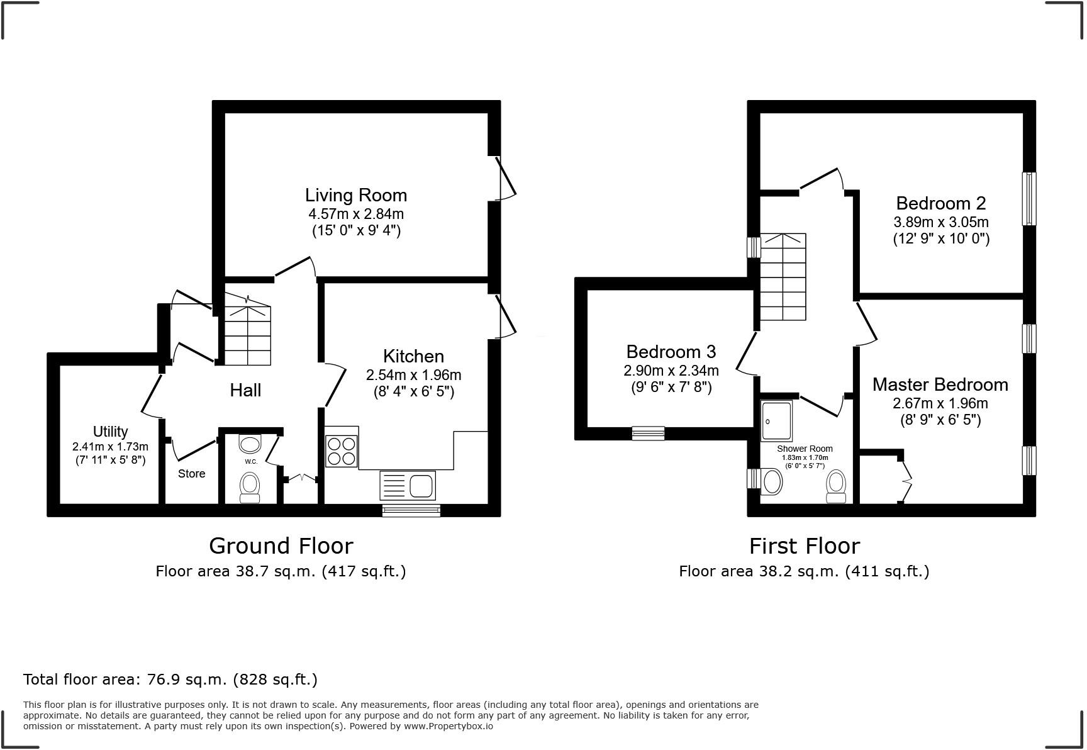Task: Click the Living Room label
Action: point(356,195)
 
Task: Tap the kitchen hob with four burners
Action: point(342,451)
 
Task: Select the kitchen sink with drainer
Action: point(408,486)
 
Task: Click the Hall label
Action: point(245,391)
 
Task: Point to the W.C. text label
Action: point(251,462)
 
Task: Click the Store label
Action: point(191,474)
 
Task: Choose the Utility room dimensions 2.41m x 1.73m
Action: point(110,447)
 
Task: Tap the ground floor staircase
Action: point(248,333)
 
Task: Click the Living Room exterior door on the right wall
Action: point(503,178)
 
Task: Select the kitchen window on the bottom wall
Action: point(411,510)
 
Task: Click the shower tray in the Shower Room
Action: point(777,420)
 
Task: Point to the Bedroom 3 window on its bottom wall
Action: point(648,433)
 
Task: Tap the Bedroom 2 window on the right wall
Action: point(1028,199)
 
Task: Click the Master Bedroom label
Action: point(940,384)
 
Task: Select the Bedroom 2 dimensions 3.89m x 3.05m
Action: point(941,222)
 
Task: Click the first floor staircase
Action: point(783,277)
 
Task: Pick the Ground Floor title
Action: point(281,546)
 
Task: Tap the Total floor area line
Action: point(170,680)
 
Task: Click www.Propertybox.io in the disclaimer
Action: point(448,726)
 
